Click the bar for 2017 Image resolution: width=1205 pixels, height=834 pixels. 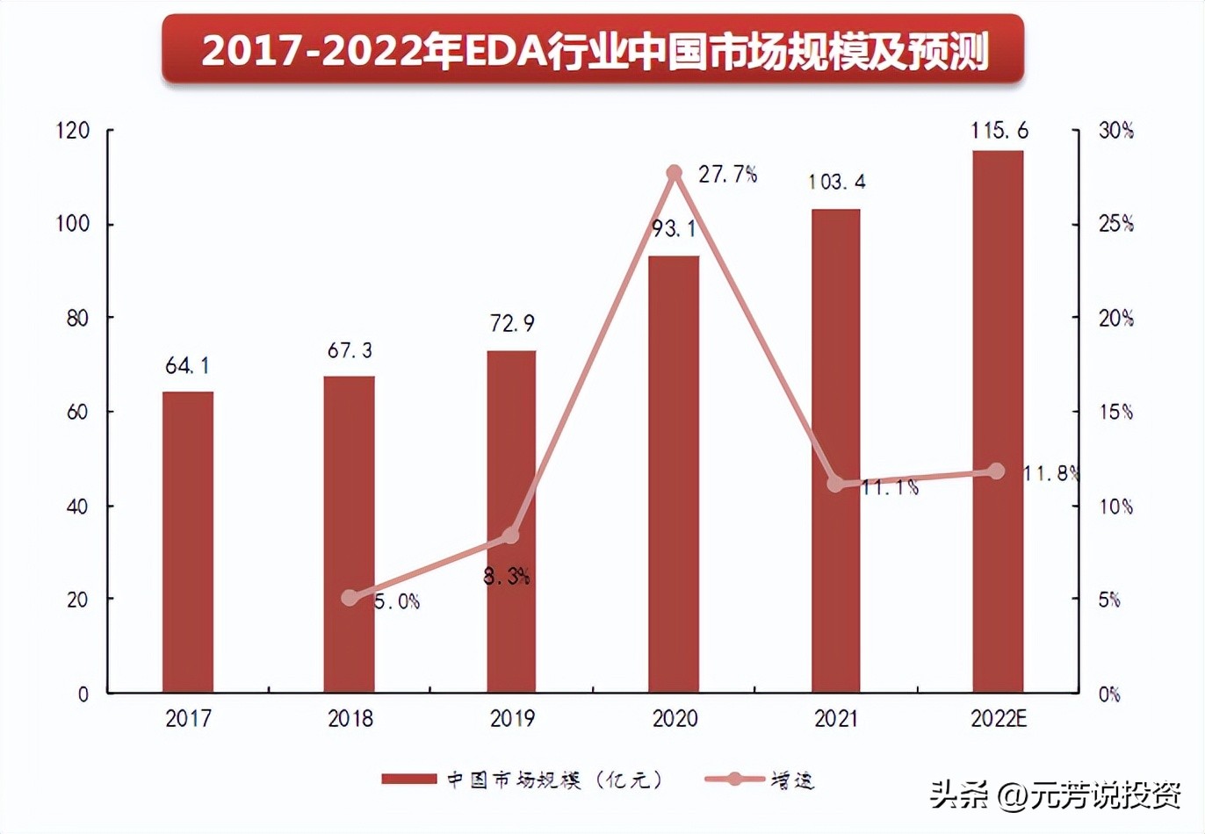pyautogui.click(x=188, y=542)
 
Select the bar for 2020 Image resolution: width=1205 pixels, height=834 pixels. pyautogui.click(x=674, y=474)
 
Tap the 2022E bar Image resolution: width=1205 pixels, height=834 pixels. pyautogui.click(x=998, y=421)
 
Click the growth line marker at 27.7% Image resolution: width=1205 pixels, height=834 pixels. pyautogui.click(x=675, y=173)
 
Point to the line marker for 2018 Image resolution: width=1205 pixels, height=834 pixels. pyautogui.click(x=350, y=598)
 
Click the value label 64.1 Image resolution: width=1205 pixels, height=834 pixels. pyautogui.click(x=187, y=365)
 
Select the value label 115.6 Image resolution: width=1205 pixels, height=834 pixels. pyautogui.click(x=999, y=131)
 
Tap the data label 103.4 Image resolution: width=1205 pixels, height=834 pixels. pyautogui.click(x=836, y=182)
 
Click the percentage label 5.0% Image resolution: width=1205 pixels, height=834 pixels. pyautogui.click(x=397, y=601)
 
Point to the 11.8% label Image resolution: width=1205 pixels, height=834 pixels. pyautogui.click(x=1050, y=474)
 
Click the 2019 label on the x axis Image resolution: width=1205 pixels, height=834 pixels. pyautogui.click(x=512, y=718)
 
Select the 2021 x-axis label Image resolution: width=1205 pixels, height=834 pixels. pyautogui.click(x=836, y=718)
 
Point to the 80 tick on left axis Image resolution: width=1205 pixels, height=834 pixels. pyautogui.click(x=78, y=318)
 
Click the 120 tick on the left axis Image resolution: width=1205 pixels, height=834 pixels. pyautogui.click(x=73, y=131)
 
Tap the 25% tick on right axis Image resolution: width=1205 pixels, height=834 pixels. pyautogui.click(x=1115, y=224)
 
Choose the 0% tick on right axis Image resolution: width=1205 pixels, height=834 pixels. pyautogui.click(x=1110, y=694)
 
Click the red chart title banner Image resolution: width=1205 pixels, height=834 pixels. pyautogui.click(x=593, y=49)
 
